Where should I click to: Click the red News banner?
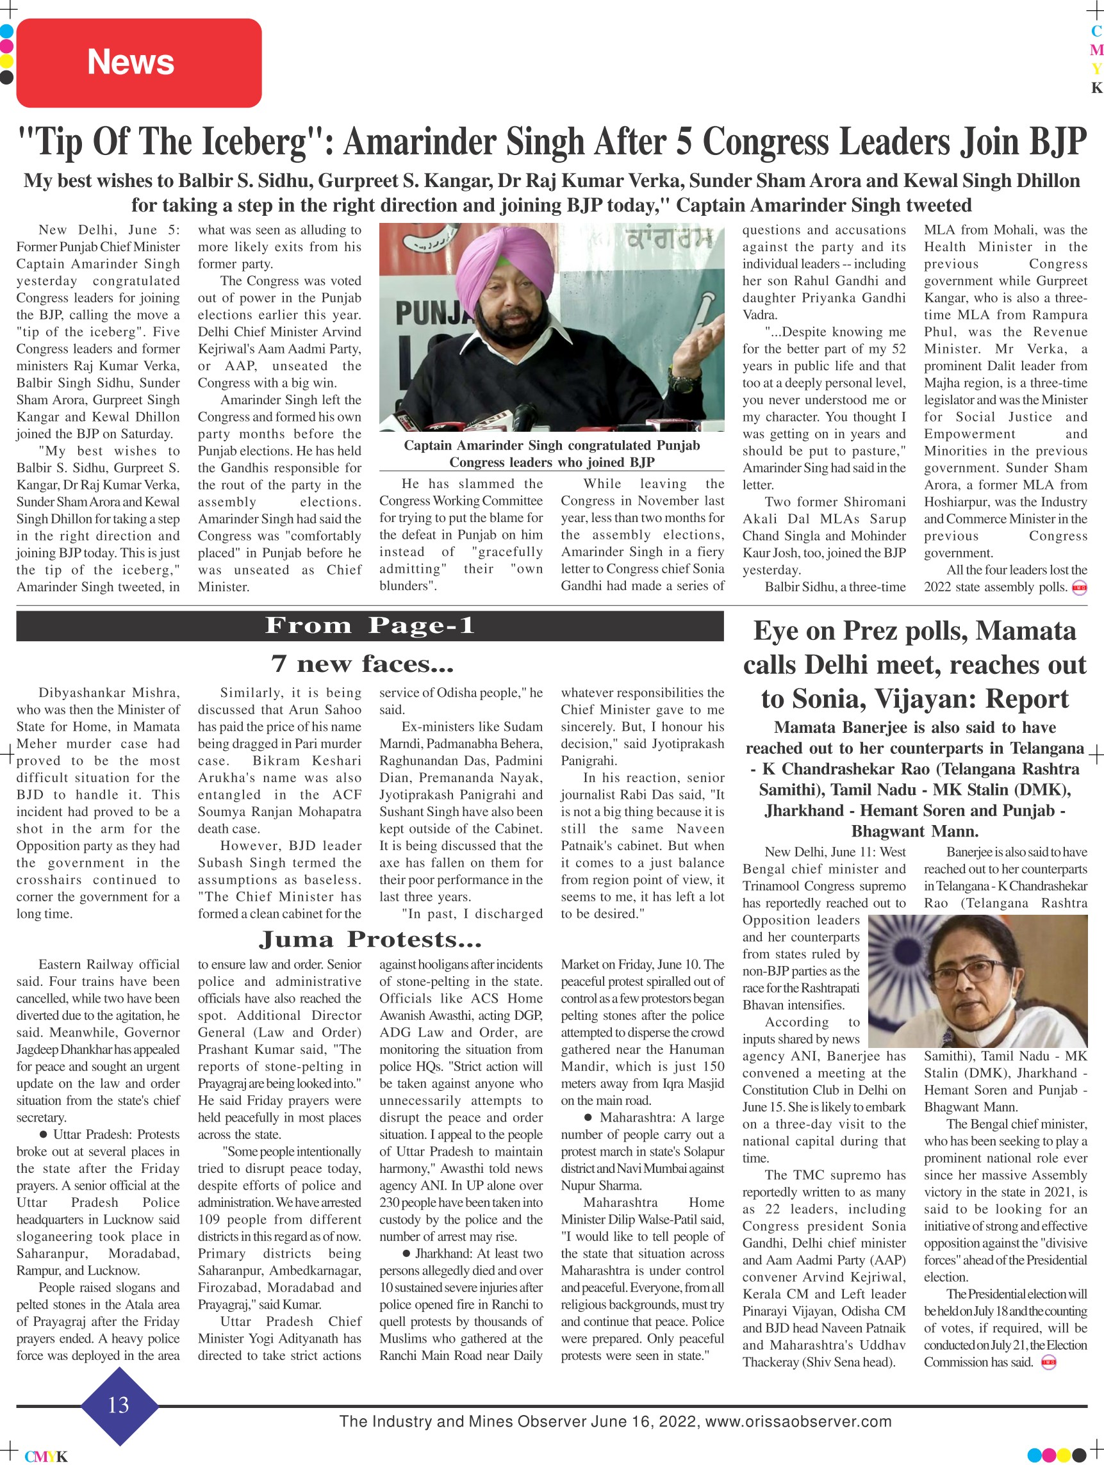[x=138, y=63]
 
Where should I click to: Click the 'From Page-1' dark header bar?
[x=370, y=626]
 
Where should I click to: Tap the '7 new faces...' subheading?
[x=362, y=663]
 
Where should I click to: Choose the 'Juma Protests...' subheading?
[x=370, y=939]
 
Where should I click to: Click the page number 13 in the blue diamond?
[x=119, y=1405]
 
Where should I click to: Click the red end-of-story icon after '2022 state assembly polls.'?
[x=1080, y=587]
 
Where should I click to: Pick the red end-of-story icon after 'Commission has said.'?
[x=1048, y=1363]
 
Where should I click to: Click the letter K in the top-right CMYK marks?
[x=1097, y=87]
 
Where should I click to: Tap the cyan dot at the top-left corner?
[x=6, y=31]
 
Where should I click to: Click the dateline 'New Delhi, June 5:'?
[x=109, y=230]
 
